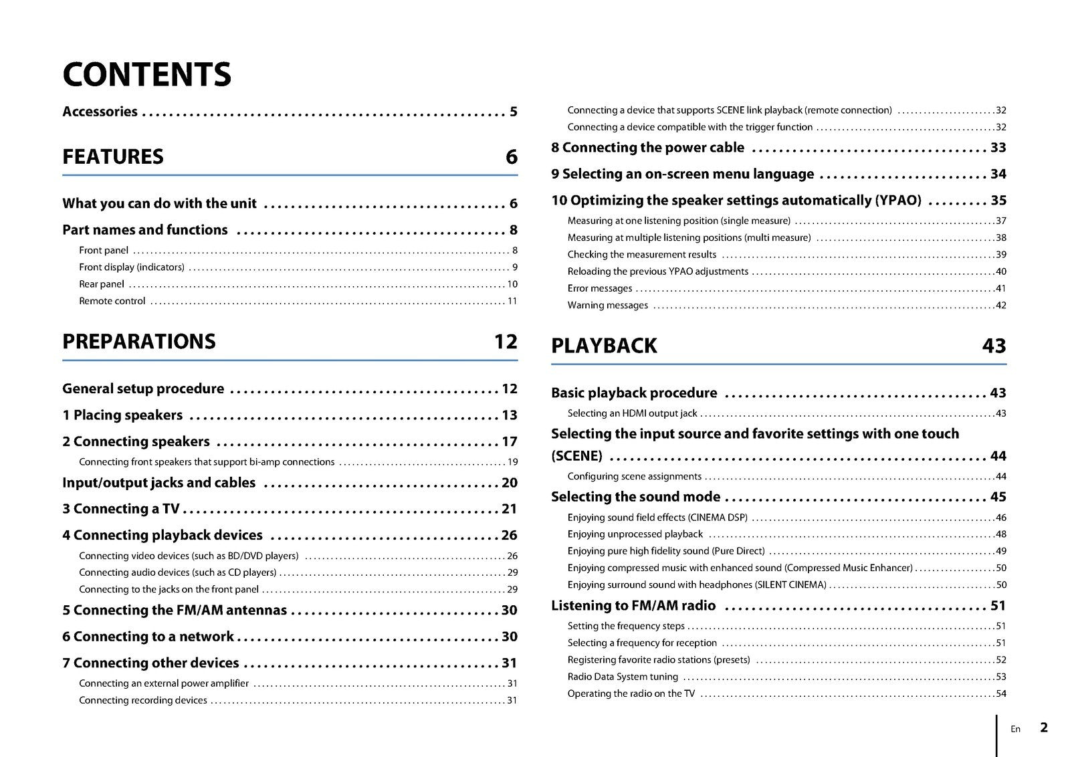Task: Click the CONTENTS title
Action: pos(146,74)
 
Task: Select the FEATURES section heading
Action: pos(113,156)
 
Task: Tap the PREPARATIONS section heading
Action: pos(139,341)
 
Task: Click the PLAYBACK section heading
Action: pos(604,346)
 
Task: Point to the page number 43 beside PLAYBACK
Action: pos(994,346)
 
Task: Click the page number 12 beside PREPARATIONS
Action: pos(506,341)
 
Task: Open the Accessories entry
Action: pos(100,112)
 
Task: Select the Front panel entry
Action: pos(104,250)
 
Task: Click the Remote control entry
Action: pos(112,301)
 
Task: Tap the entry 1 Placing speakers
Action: pos(122,415)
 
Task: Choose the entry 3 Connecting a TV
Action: pos(121,509)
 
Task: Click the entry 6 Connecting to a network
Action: pos(148,637)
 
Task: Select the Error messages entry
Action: pos(599,288)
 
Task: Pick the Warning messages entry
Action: pos(607,306)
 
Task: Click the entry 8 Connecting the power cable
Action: pos(647,148)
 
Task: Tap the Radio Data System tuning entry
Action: pos(623,677)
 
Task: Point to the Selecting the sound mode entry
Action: pos(635,497)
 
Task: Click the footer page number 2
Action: pos(1044,728)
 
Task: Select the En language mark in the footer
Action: pos(1015,729)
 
